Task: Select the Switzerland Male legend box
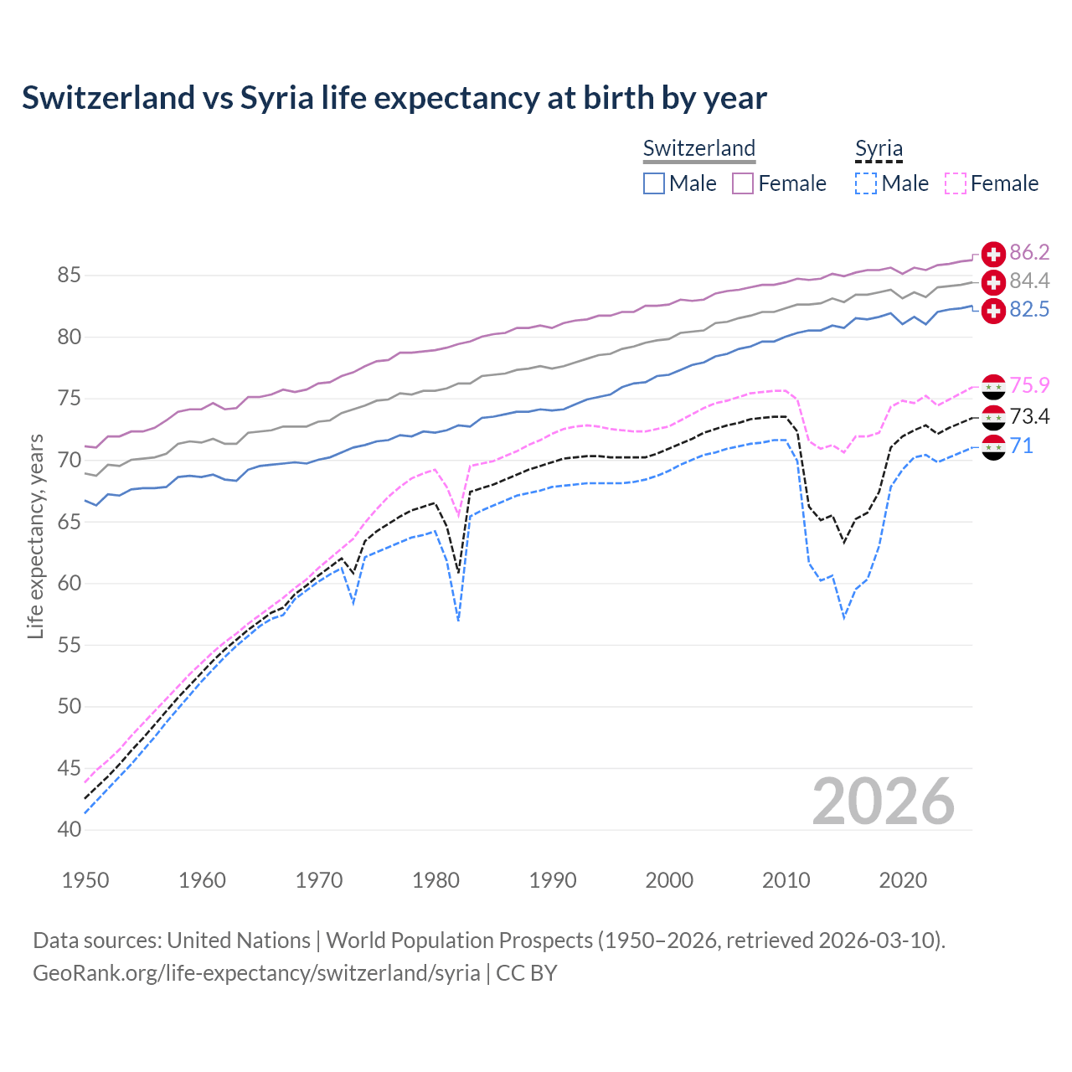[654, 183]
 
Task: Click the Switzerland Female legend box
[743, 183]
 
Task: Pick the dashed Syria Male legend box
[866, 183]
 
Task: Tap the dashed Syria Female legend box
[956, 183]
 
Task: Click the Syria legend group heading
[879, 149]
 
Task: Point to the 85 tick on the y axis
[69, 276]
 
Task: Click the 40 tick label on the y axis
[69, 830]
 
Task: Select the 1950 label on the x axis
[85, 880]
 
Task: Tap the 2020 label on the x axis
[903, 880]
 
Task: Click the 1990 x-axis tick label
[553, 880]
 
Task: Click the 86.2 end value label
[1029, 253]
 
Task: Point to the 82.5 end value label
[1029, 310]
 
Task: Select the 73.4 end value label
[1029, 417]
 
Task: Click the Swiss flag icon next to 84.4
[993, 281]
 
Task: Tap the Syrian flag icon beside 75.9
[993, 387]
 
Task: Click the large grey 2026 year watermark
[884, 802]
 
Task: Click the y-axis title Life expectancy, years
[35, 536]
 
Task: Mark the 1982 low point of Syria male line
[458, 621]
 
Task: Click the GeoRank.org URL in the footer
[256, 973]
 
